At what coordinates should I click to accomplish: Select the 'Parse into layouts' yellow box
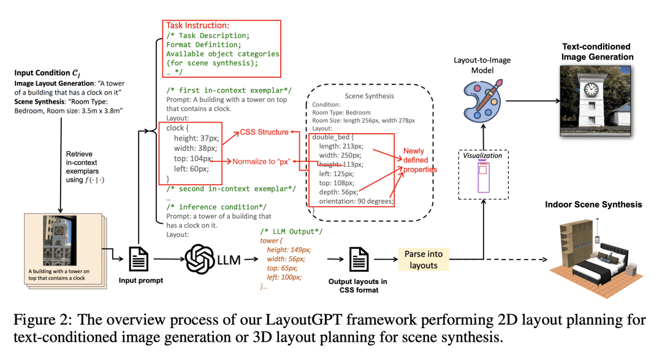(423, 259)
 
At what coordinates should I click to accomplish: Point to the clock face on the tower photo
(591, 90)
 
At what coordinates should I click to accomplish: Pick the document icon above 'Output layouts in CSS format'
(357, 260)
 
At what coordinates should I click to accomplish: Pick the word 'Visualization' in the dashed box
(483, 155)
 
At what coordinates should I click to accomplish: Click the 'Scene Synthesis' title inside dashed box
(369, 96)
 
